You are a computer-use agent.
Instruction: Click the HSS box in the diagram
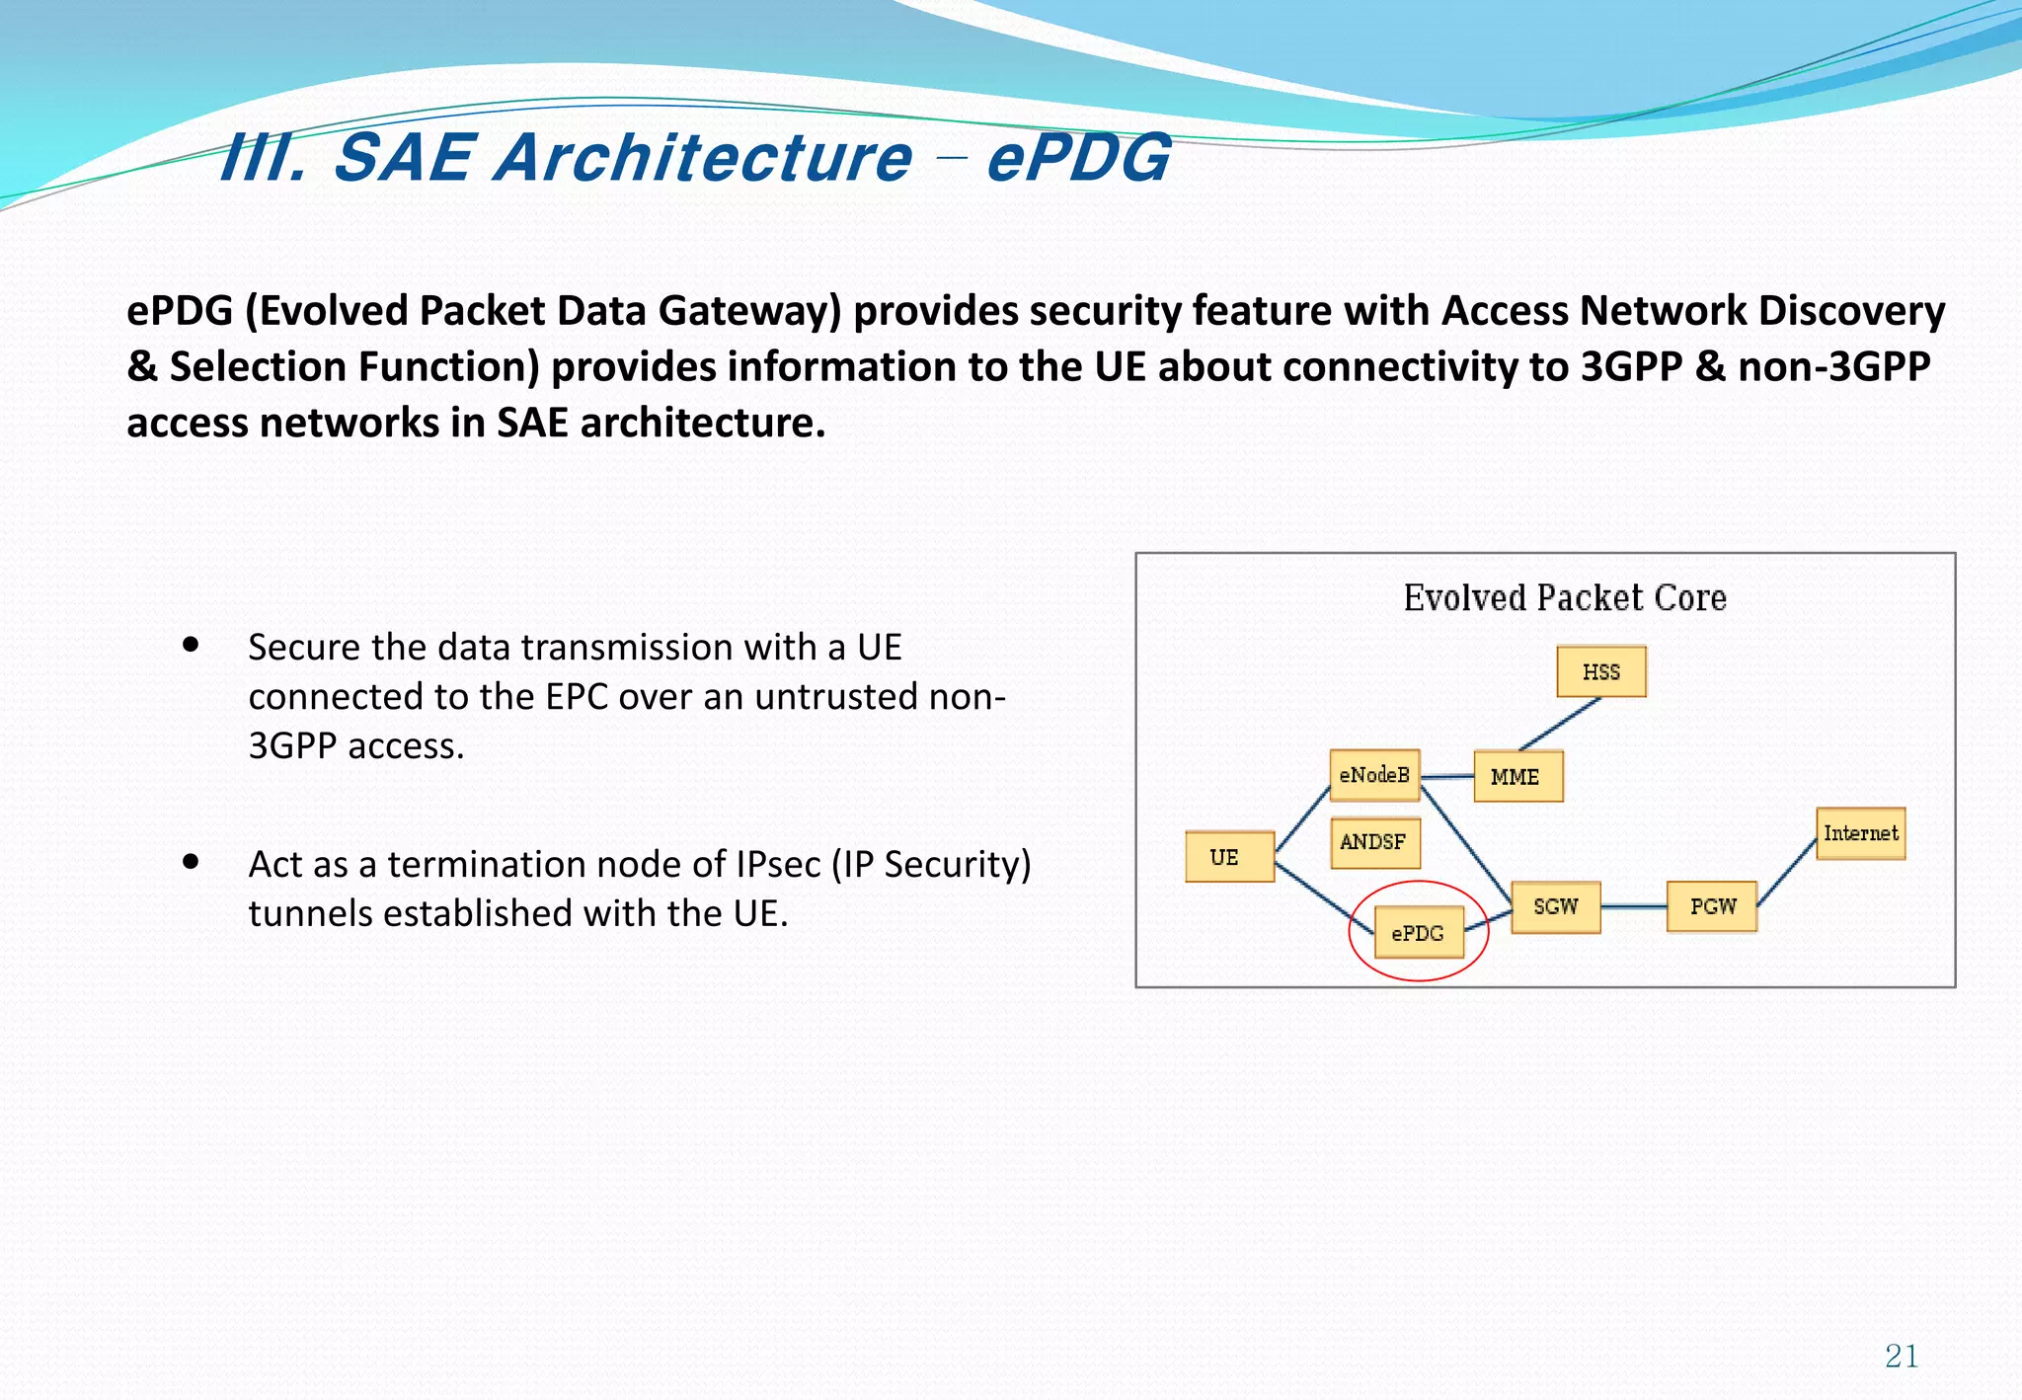pos(1600,672)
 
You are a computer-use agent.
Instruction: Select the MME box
pos(1517,777)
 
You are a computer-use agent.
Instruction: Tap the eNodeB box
pos(1374,775)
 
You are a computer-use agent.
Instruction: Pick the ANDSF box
pos(1374,842)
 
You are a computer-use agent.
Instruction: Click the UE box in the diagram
pos(1228,857)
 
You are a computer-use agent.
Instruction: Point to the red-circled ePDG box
pos(1418,933)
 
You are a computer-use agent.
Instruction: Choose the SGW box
pos(1555,907)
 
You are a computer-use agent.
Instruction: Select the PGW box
pos(1711,907)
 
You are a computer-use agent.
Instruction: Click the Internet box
pos(1860,834)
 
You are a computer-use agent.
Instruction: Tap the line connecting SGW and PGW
pos(1633,906)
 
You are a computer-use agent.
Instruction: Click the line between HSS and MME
pos(1560,725)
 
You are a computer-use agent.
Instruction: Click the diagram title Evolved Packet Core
pos(1564,598)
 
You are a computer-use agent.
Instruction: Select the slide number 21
pos(1901,1357)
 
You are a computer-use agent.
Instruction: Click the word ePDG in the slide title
pos(1078,158)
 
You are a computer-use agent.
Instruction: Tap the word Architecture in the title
pos(703,158)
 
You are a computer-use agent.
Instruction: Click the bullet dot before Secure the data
pos(192,646)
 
